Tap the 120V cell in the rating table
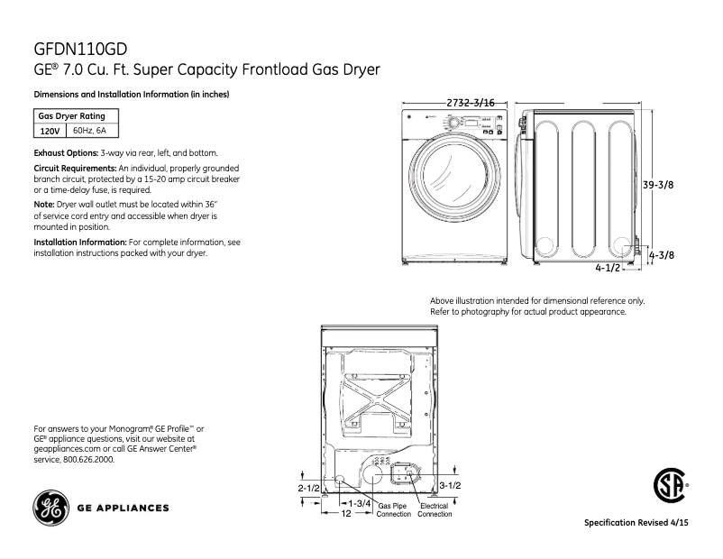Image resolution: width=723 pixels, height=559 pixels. point(49,132)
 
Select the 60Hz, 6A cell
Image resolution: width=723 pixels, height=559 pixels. point(89,132)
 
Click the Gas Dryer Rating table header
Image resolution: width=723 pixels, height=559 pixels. point(71,116)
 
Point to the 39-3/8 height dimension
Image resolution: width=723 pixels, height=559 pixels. point(658,184)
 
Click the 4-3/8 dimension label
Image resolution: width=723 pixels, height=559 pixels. point(662,255)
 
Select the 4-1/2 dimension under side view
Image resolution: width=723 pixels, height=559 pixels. point(608,268)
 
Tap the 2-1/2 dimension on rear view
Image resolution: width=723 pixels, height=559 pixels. point(308,487)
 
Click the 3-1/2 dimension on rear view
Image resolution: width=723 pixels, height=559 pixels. point(450,486)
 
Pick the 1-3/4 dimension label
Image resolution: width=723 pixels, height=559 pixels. point(361,501)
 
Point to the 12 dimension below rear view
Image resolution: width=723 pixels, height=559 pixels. point(344,514)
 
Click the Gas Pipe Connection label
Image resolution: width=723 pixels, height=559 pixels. point(393,510)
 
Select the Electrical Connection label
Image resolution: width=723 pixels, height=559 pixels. point(435,510)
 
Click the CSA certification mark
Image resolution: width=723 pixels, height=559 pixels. point(668,487)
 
